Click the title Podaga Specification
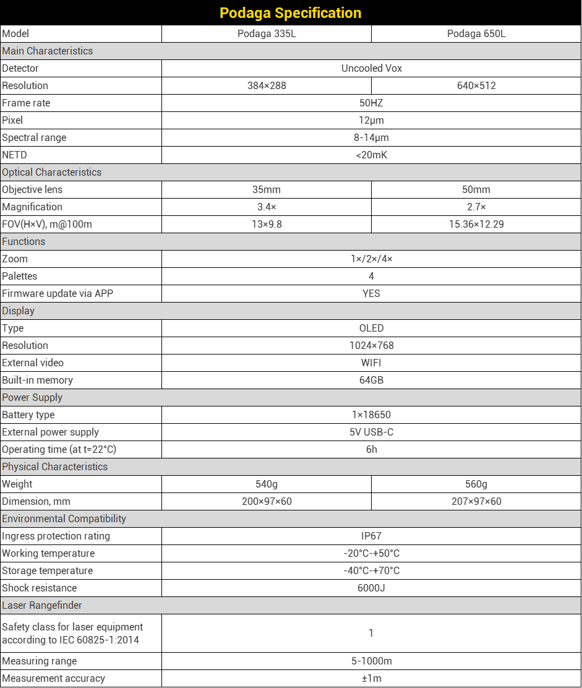click(x=291, y=13)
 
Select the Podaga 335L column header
click(x=267, y=34)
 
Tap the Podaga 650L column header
click(x=476, y=34)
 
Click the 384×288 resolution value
click(x=267, y=86)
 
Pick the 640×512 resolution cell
click(x=476, y=86)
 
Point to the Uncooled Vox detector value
click(x=371, y=69)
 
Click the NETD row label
click(x=15, y=155)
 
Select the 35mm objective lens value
click(x=267, y=190)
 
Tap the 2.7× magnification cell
click(x=476, y=207)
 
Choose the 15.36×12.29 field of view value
click(x=476, y=225)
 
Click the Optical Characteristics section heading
click(x=51, y=173)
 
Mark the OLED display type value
click(x=371, y=329)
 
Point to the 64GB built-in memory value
click(x=371, y=381)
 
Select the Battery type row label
click(x=28, y=415)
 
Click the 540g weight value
click(x=267, y=484)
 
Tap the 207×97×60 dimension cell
click(x=476, y=502)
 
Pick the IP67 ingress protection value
click(x=371, y=536)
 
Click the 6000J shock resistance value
click(x=371, y=588)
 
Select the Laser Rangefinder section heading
click(x=42, y=606)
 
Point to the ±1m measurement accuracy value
click(x=371, y=679)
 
